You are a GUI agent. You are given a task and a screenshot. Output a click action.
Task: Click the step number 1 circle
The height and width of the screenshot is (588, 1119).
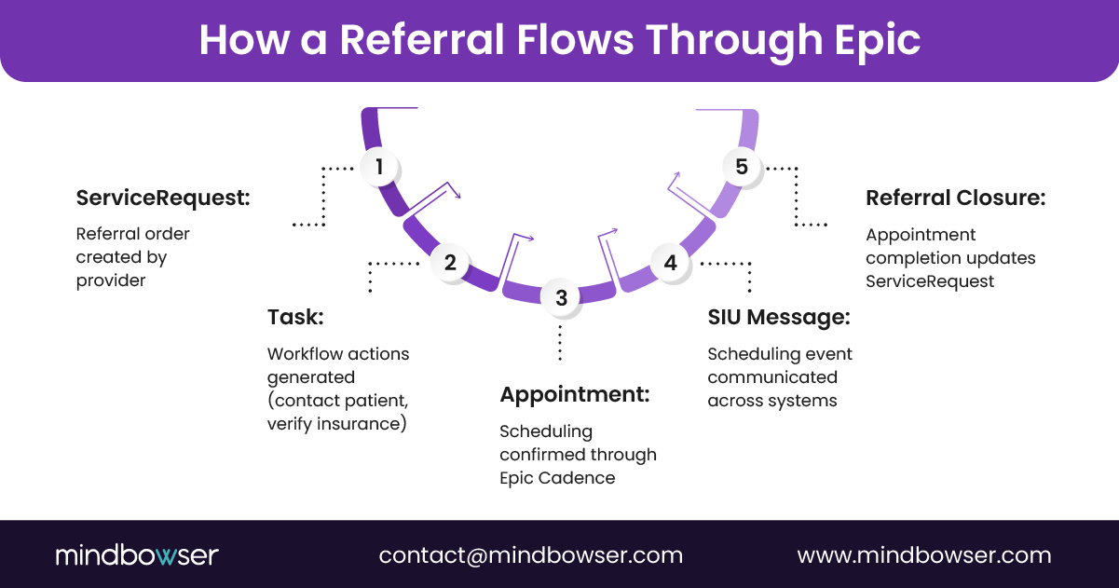tap(379, 167)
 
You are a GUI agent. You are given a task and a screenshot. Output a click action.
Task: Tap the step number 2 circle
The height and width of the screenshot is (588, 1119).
tap(450, 262)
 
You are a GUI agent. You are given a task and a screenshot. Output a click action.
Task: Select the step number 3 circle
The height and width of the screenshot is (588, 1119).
tap(561, 297)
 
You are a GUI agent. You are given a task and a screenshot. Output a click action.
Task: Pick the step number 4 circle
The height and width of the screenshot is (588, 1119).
tap(670, 263)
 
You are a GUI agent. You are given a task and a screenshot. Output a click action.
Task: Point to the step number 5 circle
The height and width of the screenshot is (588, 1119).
tap(742, 167)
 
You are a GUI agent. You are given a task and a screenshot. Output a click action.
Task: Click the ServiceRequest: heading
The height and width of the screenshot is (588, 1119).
tap(163, 198)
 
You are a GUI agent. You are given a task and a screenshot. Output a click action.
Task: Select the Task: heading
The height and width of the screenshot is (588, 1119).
tap(295, 317)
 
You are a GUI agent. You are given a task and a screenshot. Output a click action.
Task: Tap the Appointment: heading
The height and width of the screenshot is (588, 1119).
tap(574, 394)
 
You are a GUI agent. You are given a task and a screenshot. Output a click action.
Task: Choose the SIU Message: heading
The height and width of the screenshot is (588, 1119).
tap(778, 317)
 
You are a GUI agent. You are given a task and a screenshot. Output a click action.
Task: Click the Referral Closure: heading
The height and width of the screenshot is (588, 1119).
tap(955, 198)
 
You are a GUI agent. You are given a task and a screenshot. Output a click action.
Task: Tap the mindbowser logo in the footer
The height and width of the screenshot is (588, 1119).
tap(136, 555)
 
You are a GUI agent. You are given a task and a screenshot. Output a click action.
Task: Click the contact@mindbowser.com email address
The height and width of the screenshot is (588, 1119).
tap(530, 555)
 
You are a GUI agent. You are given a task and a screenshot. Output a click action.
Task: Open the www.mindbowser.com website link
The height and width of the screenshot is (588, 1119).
tap(923, 555)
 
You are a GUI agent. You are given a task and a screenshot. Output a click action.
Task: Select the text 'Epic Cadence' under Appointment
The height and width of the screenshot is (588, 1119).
tap(557, 478)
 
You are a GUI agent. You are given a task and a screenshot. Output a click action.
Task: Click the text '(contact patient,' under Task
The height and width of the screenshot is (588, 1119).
tap(337, 401)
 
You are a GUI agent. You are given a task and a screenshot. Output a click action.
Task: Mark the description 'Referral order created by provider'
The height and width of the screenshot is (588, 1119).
tap(133, 257)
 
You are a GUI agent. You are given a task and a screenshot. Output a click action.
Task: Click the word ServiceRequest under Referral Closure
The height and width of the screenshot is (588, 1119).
tap(930, 280)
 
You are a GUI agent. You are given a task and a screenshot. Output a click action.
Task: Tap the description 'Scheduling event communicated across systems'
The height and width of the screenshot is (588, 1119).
tap(779, 377)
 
